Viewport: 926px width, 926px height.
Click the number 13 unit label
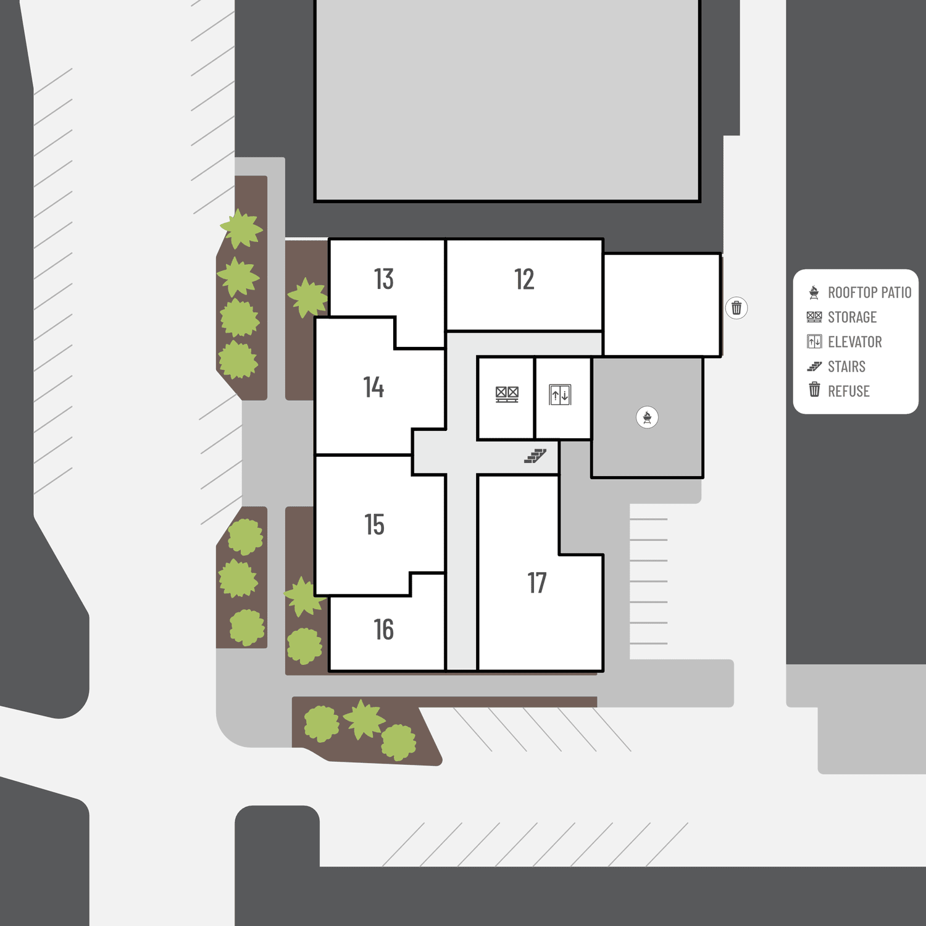pyautogui.click(x=383, y=279)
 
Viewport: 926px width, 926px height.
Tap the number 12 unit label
pyautogui.click(x=524, y=280)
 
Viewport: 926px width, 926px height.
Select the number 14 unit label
pyautogui.click(x=373, y=387)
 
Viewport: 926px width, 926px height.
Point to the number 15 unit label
pyautogui.click(x=374, y=525)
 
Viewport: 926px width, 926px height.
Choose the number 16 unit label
pyautogui.click(x=383, y=630)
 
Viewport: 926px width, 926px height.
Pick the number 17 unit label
pyautogui.click(x=537, y=583)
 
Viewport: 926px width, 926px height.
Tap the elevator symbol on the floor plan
pyautogui.click(x=561, y=394)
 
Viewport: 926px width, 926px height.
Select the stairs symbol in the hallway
pyautogui.click(x=535, y=456)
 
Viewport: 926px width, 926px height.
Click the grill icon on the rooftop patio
pyautogui.click(x=647, y=417)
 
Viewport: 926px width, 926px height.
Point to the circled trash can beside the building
pyautogui.click(x=736, y=307)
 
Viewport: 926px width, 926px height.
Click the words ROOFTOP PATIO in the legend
pyautogui.click(x=869, y=293)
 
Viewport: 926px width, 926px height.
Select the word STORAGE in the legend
pyautogui.click(x=852, y=317)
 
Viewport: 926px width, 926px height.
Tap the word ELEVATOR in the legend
pyautogui.click(x=854, y=342)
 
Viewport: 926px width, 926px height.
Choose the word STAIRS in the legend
pyautogui.click(x=846, y=367)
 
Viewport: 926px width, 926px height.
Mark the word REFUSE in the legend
pyautogui.click(x=848, y=391)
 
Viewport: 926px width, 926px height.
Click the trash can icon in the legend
pyautogui.click(x=814, y=390)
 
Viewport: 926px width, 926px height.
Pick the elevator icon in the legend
pyautogui.click(x=814, y=341)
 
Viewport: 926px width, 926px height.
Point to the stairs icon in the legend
pyautogui.click(x=814, y=367)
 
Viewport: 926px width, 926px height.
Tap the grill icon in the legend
pyautogui.click(x=814, y=292)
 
